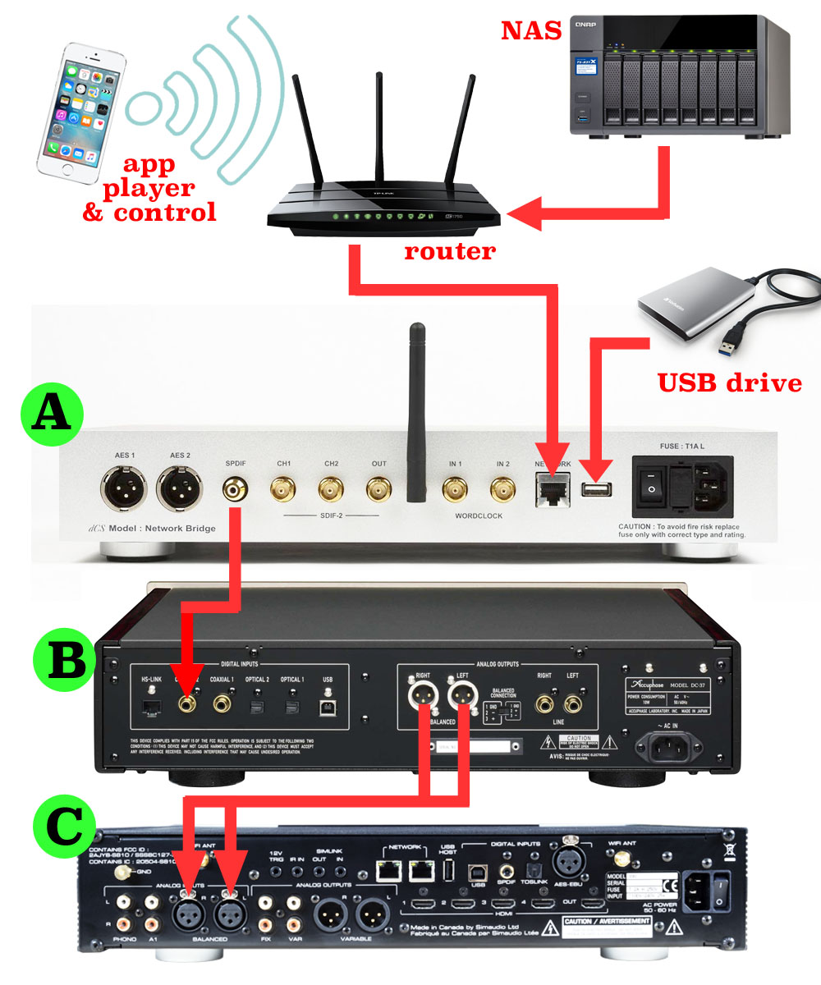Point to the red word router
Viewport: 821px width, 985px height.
pos(450,250)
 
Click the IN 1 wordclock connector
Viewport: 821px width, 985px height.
pos(455,491)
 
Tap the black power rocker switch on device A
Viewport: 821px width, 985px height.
pos(652,489)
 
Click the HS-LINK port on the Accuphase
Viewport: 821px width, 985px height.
pos(151,703)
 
